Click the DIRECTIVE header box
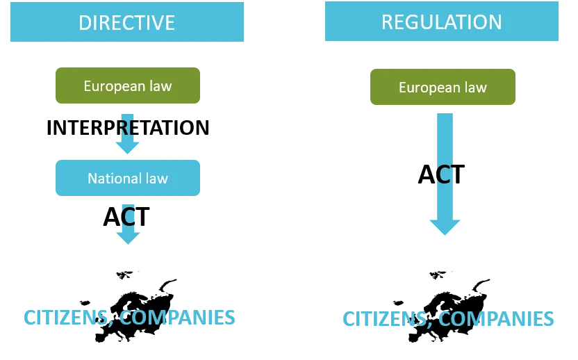[x=127, y=22]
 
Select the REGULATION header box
[x=441, y=22]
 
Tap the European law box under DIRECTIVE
[x=128, y=86]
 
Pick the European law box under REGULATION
[x=443, y=87]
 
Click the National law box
[x=128, y=178]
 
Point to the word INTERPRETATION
[x=128, y=128]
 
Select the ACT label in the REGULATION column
[x=442, y=174]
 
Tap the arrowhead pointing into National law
[x=128, y=146]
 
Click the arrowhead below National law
[x=128, y=236]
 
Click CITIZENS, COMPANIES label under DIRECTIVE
[x=130, y=318]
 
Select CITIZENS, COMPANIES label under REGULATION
[x=448, y=319]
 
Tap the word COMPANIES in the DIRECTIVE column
[x=178, y=318]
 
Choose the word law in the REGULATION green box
[x=476, y=88]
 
